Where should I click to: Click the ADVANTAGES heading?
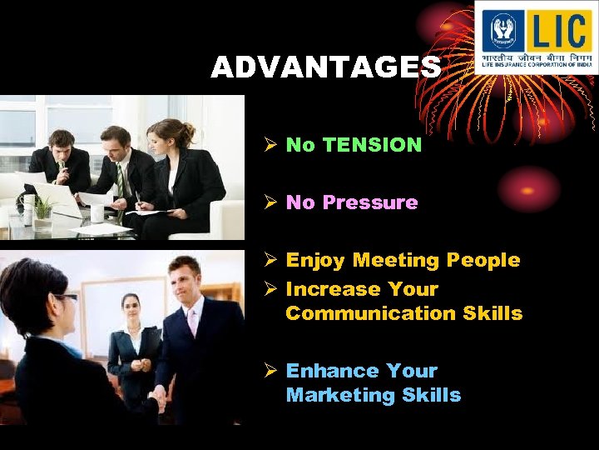coord(325,67)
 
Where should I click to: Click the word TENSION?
coord(372,145)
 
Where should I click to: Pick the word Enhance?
coord(325,371)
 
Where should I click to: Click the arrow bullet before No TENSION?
coord(270,145)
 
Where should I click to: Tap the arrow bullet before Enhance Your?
coord(270,371)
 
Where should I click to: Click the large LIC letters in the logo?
coord(558,31)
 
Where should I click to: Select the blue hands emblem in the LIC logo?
coord(503,32)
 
